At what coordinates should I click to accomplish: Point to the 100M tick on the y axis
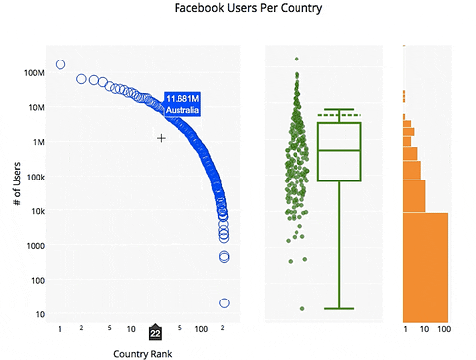tap(36, 73)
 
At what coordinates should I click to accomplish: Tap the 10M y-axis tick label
tap(38, 108)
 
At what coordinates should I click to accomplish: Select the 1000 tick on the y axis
tap(38, 246)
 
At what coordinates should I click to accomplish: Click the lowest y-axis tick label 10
tap(42, 314)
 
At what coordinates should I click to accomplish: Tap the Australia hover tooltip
tap(182, 104)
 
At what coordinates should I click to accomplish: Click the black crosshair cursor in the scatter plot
tap(161, 138)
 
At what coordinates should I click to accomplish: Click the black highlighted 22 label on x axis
tap(155, 334)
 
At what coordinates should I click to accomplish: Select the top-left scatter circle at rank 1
tap(60, 64)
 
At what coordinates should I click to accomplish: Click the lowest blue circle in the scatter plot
tap(224, 302)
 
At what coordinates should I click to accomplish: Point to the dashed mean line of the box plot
tap(339, 115)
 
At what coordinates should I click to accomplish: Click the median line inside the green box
tap(339, 150)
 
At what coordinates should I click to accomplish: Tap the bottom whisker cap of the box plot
tap(339, 308)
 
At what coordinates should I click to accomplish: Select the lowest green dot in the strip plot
tap(302, 309)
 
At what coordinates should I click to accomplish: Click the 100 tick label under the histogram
tap(444, 328)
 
